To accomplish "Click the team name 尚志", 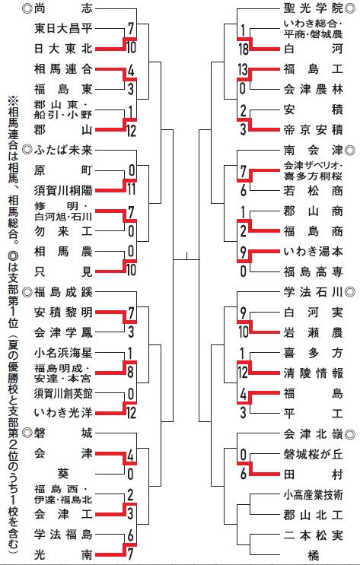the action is coord(63,8).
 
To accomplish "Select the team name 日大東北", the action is coord(63,49).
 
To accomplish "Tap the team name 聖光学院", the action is coord(313,8).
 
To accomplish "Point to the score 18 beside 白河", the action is coord(244,49).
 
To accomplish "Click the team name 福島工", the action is coord(313,69).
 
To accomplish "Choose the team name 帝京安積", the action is coord(313,129).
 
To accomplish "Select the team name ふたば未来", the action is coord(63,150).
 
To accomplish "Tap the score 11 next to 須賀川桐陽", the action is coord(131,189).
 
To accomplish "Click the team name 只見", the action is coord(63,271).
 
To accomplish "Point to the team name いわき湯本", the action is coord(313,251).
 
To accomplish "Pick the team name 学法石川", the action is coord(313,292).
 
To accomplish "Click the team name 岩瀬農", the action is coord(313,332).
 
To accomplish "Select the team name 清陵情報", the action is coord(313,373).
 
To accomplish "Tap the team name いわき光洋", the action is coord(63,413).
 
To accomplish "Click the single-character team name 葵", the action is coord(63,474).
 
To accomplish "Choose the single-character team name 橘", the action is coord(313,555).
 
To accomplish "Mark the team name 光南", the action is coord(63,554).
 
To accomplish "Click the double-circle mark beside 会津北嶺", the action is coord(350,434).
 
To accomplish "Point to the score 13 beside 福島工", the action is coord(242,69).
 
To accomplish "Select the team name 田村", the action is coord(313,475).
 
